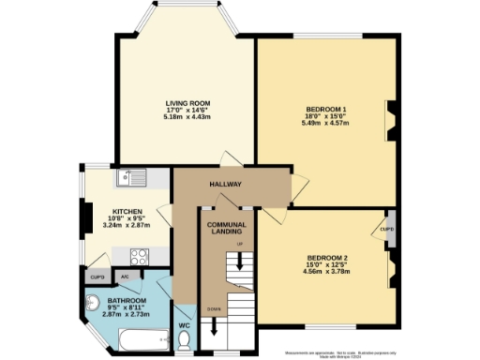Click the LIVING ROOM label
coord(187,102)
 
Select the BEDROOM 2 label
coord(327,258)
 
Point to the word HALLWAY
coord(226,185)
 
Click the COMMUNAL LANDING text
coord(226,229)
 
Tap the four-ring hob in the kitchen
coord(141,253)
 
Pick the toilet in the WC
coord(186,338)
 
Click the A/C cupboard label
coord(125,277)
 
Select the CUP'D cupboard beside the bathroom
coord(97,277)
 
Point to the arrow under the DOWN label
coord(216,327)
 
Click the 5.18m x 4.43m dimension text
coord(187,116)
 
